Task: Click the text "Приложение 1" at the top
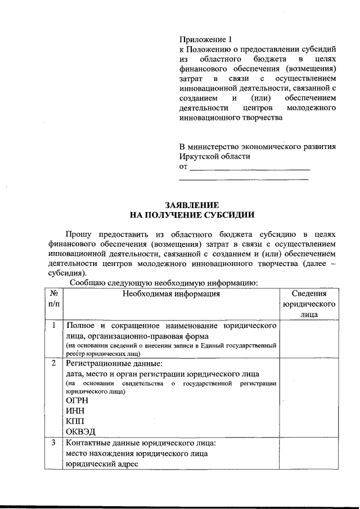pos(205,39)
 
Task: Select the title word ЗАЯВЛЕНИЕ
pos(191,205)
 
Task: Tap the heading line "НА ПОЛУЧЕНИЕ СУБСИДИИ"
pos(191,215)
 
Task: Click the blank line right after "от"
pos(250,167)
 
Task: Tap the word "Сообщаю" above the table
pos(84,283)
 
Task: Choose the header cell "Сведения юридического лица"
pos(309,304)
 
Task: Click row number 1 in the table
pos(54,326)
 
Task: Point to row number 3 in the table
pos(54,443)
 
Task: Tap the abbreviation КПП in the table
pos(75,421)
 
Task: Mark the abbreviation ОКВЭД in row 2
pos(80,432)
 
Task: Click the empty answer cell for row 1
pos(309,339)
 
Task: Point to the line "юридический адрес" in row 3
pos(101,464)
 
